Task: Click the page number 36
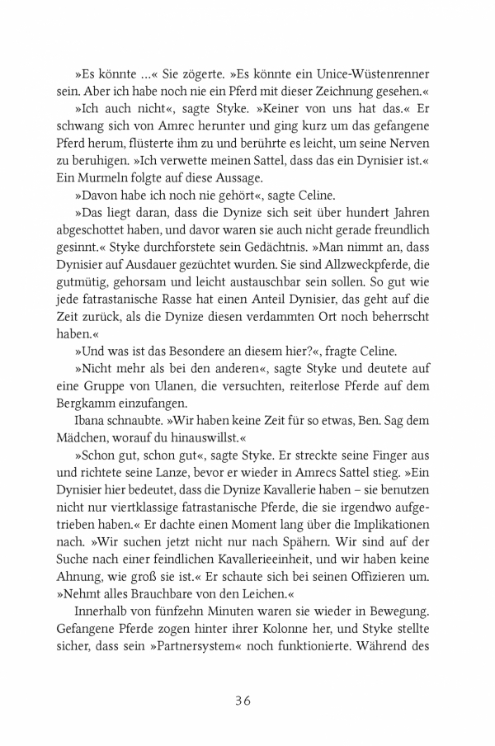247,701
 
